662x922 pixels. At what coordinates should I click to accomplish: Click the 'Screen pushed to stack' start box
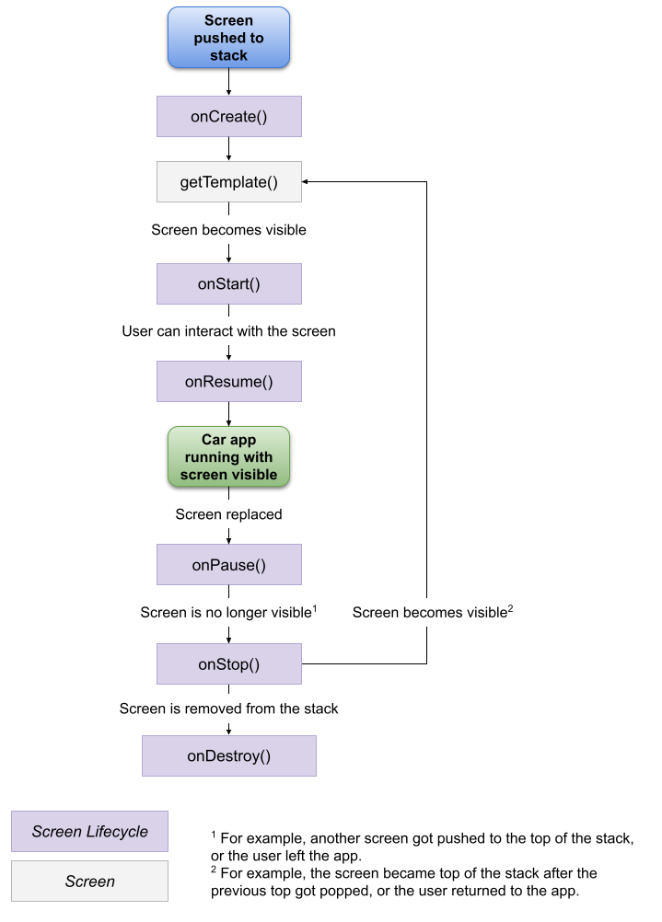[x=228, y=38]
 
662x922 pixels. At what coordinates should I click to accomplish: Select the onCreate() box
[x=228, y=117]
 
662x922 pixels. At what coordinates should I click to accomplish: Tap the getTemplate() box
[x=228, y=181]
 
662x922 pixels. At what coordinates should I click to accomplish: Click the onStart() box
[x=228, y=283]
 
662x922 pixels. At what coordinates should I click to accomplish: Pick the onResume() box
[x=228, y=381]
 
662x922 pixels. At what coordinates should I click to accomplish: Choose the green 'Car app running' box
[x=228, y=455]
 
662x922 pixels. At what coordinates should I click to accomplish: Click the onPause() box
[x=228, y=564]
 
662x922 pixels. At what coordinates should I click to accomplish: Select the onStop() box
[x=228, y=663]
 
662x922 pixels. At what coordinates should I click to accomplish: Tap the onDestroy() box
[x=228, y=755]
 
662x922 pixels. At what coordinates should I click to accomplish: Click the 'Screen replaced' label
[x=228, y=514]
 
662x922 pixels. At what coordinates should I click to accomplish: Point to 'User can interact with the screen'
[x=228, y=330]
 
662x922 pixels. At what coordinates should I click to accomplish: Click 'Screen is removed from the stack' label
[x=228, y=709]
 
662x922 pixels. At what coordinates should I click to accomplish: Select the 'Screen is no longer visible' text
[x=225, y=613]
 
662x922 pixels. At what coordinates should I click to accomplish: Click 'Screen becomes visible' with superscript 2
[x=429, y=613]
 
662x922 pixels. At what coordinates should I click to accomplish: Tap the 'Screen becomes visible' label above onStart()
[x=228, y=229]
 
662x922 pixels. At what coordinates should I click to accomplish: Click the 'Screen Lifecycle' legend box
[x=89, y=831]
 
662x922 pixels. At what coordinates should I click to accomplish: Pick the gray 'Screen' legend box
[x=89, y=881]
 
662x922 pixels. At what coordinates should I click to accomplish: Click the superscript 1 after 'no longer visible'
[x=315, y=607]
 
